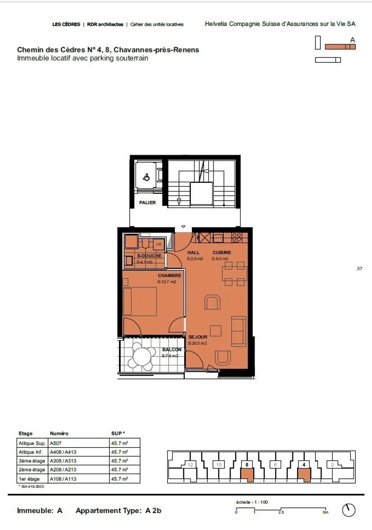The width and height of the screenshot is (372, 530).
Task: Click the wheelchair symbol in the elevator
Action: [146, 178]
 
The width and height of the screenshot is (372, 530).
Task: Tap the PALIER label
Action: [147, 203]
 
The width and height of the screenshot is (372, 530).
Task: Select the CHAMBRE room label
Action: [169, 275]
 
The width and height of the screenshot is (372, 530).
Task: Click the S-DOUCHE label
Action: [149, 256]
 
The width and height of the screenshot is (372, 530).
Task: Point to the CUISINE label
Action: [222, 252]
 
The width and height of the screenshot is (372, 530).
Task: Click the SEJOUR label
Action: [198, 337]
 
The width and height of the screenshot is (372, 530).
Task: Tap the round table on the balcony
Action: [142, 357]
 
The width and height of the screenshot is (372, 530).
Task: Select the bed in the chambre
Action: [140, 301]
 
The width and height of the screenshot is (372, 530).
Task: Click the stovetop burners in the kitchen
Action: [237, 237]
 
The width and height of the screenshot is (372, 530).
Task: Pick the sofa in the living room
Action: [238, 331]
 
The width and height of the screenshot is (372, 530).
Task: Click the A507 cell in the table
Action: [56, 443]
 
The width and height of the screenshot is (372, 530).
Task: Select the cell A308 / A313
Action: [63, 461]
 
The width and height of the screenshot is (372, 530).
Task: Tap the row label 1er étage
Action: [29, 479]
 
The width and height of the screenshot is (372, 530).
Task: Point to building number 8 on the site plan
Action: [247, 465]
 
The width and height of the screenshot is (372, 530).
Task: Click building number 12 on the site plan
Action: [190, 465]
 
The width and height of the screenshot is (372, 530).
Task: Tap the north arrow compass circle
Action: [348, 510]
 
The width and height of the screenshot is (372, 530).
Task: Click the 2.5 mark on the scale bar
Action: [281, 512]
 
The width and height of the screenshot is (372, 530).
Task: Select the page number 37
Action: [359, 268]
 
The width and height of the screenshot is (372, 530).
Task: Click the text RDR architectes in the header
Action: [105, 24]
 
